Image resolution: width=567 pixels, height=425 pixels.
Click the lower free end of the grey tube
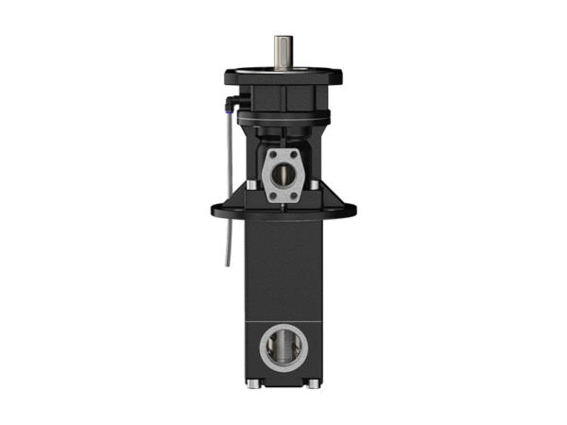227,262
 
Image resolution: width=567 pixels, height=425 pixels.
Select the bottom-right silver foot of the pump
312,384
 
